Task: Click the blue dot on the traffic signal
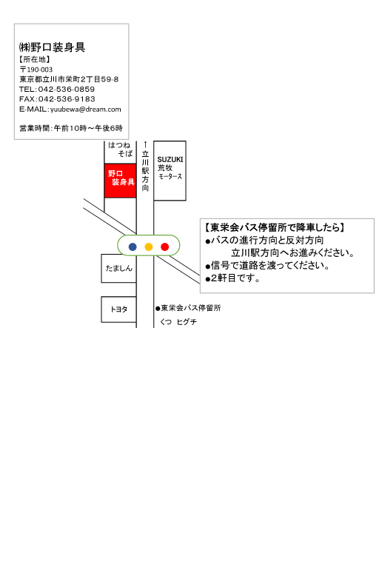pos(133,247)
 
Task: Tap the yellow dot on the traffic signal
pos(149,247)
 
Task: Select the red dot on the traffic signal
pos(164,247)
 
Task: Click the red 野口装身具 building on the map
pos(121,181)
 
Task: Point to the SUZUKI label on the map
pos(170,160)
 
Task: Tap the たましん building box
pos(119,268)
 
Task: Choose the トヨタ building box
pos(119,309)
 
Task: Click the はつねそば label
pos(121,150)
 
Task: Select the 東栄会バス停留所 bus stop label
pos(188,308)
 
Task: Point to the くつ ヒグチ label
pos(178,322)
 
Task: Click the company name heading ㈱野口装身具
pos(52,47)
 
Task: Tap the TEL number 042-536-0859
pos(67,89)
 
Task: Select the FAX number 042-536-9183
pos(67,99)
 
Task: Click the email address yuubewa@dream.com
pos(86,109)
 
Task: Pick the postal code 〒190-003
pos(36,70)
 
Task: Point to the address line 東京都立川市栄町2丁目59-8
pos(69,79)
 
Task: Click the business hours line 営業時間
pos(71,128)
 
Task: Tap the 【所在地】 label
pos(35,59)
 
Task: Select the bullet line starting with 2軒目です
pos(232,278)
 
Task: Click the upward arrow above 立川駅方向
pos(145,144)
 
